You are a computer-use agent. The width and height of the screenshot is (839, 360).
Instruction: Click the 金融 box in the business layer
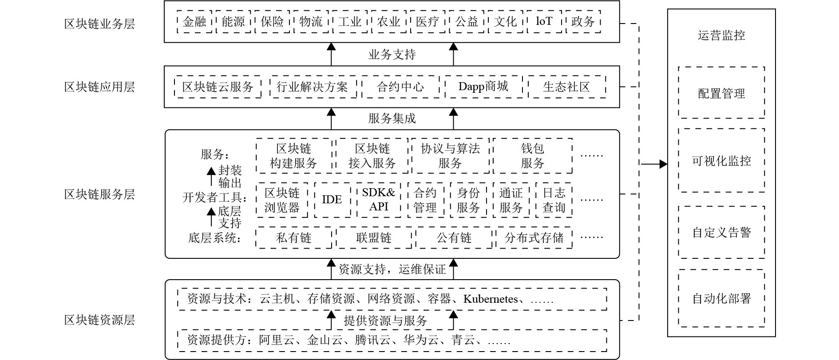194,22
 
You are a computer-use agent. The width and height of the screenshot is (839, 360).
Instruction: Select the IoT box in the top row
544,22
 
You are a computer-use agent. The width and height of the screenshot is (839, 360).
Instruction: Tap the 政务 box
583,22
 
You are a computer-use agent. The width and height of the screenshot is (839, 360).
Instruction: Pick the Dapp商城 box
483,87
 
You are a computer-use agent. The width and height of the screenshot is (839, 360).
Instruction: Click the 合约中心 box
400,87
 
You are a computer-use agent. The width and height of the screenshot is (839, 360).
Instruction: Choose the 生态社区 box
566,87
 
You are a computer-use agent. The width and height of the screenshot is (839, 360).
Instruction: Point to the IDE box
332,200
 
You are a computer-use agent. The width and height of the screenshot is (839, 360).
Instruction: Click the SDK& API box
379,200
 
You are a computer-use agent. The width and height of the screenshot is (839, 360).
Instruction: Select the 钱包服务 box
532,156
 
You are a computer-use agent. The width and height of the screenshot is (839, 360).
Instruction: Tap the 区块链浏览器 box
282,200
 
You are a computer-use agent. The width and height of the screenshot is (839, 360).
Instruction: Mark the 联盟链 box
374,238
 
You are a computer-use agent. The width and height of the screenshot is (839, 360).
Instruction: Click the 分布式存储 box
534,238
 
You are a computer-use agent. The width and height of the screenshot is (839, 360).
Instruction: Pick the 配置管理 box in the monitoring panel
721,93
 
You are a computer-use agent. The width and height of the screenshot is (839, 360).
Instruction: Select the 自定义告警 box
721,232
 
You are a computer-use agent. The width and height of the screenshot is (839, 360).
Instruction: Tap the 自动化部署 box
721,298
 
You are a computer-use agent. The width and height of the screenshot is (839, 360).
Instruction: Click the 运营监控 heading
721,36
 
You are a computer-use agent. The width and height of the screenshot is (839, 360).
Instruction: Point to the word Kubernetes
491,299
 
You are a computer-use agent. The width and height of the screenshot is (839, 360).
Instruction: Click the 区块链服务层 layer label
99,194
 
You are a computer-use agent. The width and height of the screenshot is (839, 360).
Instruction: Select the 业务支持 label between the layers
392,55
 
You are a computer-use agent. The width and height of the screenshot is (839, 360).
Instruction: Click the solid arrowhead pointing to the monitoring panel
663,164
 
